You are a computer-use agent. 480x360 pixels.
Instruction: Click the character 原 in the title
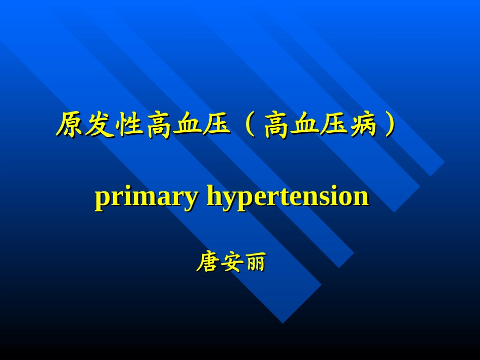(x=69, y=125)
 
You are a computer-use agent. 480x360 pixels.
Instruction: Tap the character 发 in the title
(x=99, y=125)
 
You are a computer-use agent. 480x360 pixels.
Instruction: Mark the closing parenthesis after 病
(x=389, y=125)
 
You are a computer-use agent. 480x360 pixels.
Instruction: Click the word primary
(x=146, y=197)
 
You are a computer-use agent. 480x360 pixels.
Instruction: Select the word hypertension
(x=288, y=197)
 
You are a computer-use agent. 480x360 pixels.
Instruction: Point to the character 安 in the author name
(x=230, y=263)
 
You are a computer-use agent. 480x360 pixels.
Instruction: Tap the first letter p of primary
(x=102, y=199)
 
